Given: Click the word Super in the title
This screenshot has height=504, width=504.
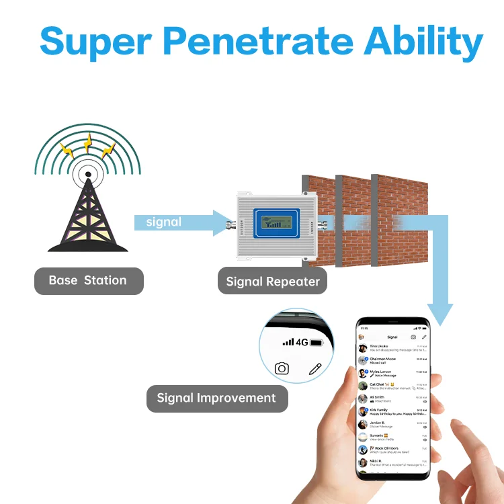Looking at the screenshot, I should (95, 42).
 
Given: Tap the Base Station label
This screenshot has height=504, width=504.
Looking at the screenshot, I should (88, 281).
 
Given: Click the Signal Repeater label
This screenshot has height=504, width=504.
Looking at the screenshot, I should (272, 282).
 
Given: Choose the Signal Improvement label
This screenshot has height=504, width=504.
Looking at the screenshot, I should (216, 398).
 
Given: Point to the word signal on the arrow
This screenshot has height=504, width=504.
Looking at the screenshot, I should (164, 222).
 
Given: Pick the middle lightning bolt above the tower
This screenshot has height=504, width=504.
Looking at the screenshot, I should (88, 142).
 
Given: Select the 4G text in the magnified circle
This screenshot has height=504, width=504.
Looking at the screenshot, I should (302, 342).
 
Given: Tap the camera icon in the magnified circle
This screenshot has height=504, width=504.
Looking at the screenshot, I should (282, 368).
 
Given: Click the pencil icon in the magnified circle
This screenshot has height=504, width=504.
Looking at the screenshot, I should (315, 368).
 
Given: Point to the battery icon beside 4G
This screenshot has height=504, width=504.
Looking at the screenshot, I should (317, 343).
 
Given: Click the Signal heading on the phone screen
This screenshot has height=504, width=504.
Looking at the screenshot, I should (392, 337).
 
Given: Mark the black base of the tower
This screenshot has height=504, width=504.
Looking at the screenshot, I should (88, 247).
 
